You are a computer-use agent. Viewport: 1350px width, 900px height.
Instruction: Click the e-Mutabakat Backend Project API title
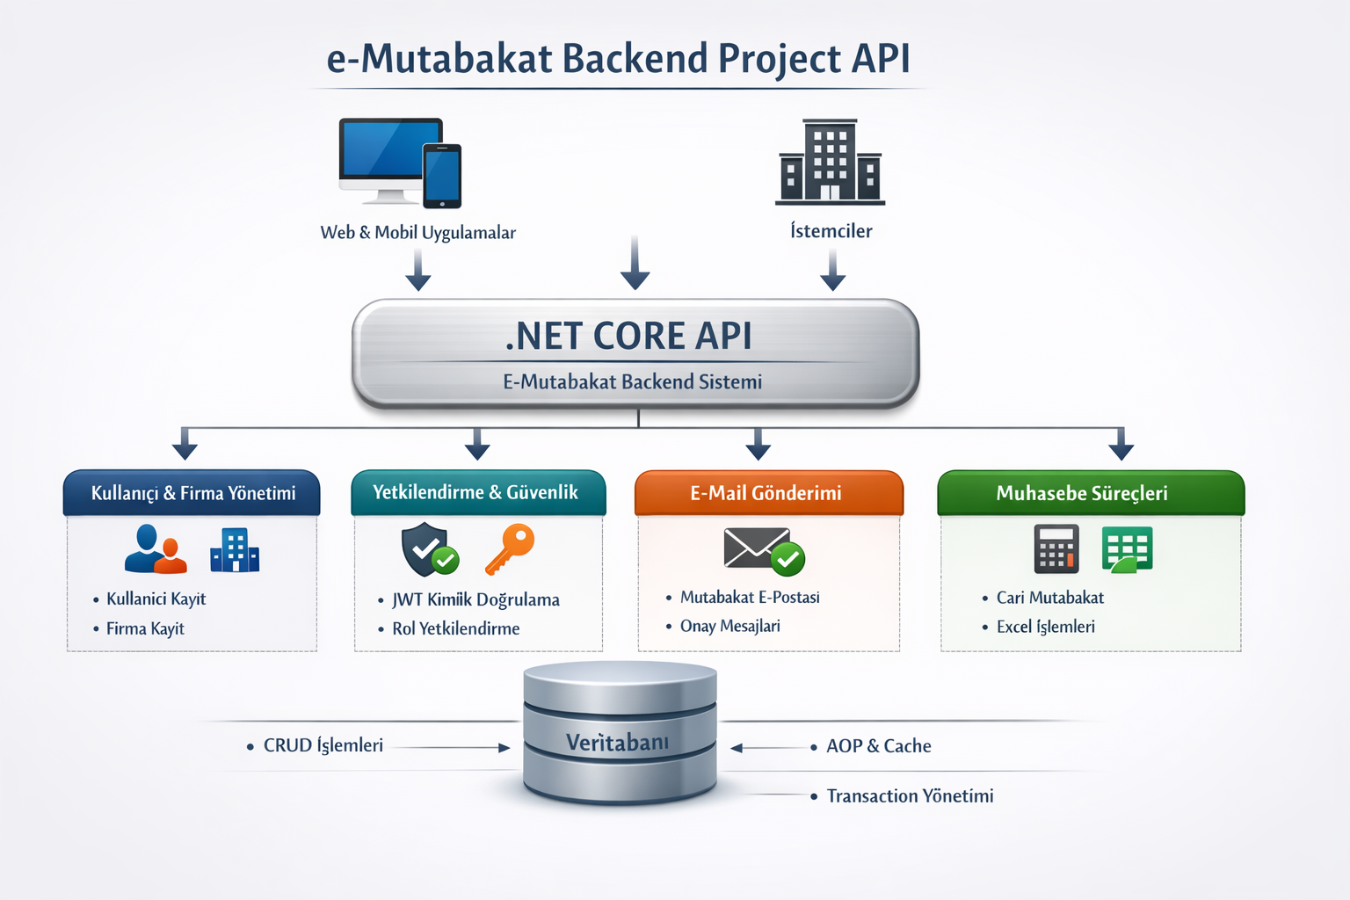(618, 59)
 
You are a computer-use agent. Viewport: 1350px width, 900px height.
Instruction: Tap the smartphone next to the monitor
(442, 176)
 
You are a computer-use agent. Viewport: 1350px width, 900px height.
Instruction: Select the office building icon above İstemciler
(830, 162)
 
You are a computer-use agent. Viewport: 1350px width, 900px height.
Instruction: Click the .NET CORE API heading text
(629, 336)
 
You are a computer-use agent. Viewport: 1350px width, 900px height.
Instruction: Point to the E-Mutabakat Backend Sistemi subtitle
(632, 381)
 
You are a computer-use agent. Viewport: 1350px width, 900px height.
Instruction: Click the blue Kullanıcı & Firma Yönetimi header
(192, 493)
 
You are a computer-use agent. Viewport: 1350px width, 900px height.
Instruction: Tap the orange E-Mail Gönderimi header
(766, 493)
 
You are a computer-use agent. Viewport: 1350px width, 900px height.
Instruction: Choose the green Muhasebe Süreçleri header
(1082, 493)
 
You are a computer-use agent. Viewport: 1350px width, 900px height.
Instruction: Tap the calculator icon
(1056, 548)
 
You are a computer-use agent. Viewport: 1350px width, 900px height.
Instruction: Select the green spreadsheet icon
(1127, 549)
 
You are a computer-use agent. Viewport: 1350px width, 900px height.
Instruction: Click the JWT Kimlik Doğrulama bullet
(475, 599)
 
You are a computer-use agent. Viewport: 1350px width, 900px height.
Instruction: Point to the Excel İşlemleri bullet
(1045, 627)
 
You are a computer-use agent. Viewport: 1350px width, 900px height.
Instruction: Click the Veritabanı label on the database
(618, 743)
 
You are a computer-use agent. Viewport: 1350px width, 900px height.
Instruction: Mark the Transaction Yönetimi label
(910, 795)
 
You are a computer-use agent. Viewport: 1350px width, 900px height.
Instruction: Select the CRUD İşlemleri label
(323, 745)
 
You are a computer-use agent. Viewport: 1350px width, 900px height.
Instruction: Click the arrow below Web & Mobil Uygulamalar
(418, 269)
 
